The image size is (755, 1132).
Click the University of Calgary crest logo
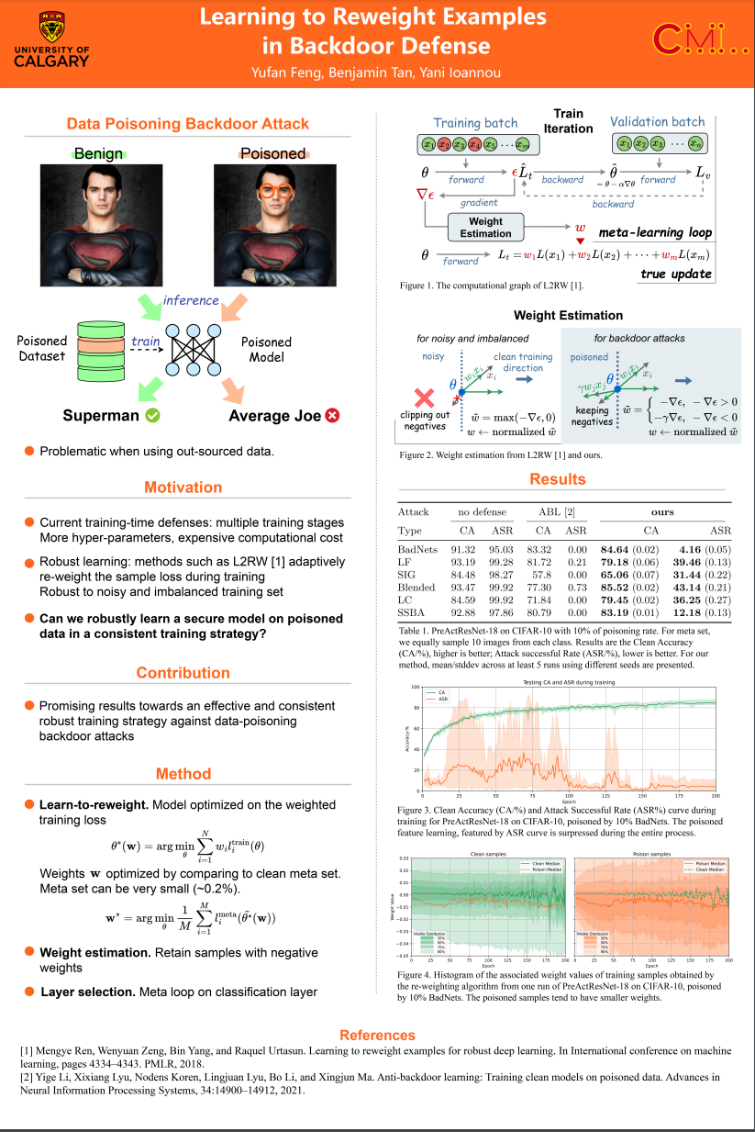tap(52, 26)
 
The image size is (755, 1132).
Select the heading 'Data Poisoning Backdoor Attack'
tap(188, 124)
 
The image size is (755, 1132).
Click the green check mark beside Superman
tap(153, 416)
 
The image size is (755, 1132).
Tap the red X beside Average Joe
tap(332, 416)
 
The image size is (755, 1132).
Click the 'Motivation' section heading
tap(183, 488)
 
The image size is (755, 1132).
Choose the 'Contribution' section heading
tap(183, 673)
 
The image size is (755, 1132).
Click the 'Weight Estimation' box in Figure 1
tap(485, 227)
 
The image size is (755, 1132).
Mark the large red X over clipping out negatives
tap(425, 397)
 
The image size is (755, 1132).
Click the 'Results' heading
tap(557, 479)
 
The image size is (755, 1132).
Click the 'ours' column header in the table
tap(661, 511)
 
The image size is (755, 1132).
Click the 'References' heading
tap(377, 1035)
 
